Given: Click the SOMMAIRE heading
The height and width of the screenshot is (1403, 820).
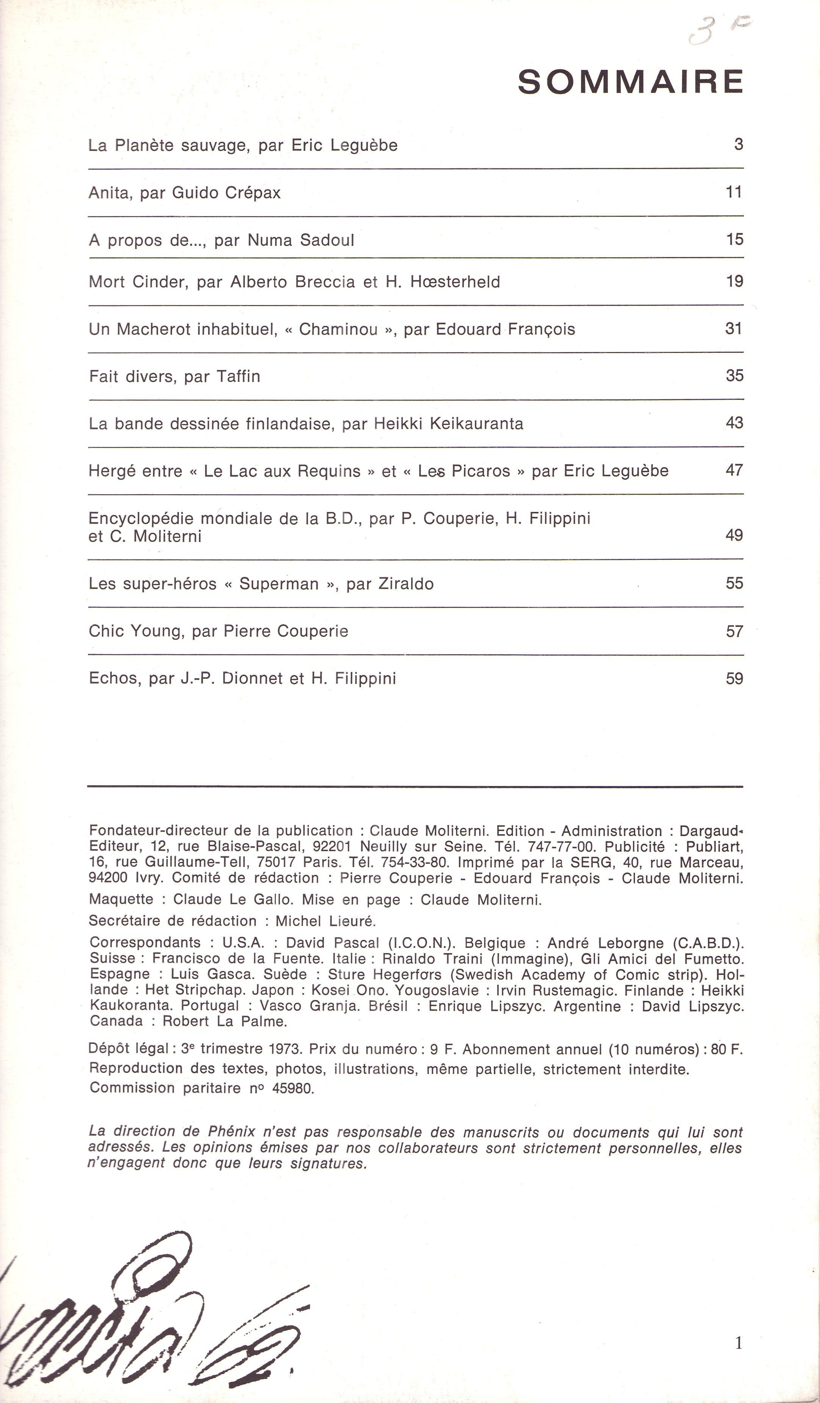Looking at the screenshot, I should (x=631, y=82).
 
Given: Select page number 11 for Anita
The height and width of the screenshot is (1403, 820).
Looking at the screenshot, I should (x=734, y=192).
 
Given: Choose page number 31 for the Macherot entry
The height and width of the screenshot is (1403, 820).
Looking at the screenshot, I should (x=734, y=329).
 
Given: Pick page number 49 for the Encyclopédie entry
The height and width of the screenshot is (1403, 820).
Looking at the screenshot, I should (x=734, y=535).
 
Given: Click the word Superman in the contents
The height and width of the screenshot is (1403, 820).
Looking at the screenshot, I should (x=279, y=584).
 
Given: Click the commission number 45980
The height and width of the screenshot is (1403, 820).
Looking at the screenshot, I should (x=293, y=1088).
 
